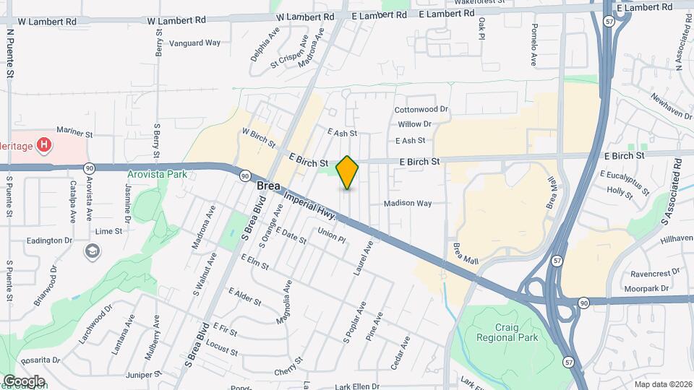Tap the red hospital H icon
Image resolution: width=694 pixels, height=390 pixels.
(x=45, y=145)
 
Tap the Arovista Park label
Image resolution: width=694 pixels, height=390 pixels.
(x=157, y=174)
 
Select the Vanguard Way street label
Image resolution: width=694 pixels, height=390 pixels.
(x=194, y=43)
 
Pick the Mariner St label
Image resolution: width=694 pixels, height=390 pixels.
(x=74, y=134)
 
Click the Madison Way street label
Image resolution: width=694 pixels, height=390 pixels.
(x=408, y=203)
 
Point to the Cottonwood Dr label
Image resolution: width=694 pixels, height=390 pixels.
(x=421, y=110)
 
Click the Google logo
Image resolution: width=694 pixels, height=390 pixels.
(x=24, y=381)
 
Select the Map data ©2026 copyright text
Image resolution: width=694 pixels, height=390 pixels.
(x=662, y=384)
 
